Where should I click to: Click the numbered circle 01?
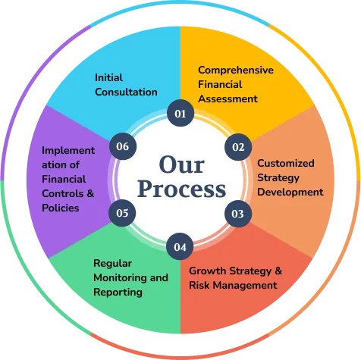pos(180,113)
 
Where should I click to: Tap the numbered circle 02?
pos(238,147)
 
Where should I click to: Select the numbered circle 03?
pos(238,214)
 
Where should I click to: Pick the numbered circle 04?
pos(180,246)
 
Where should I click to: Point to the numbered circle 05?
pos(122,213)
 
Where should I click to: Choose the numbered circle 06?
pos(123,146)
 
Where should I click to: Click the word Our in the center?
pos(182,164)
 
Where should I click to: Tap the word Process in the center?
pos(181,189)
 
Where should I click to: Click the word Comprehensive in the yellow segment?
pos(236,70)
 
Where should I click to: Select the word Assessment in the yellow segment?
pos(228,99)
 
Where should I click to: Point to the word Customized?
pos(286,163)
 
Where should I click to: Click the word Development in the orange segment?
pos(290,193)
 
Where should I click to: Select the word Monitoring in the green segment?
pos(121,278)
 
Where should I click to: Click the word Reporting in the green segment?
pos(118,293)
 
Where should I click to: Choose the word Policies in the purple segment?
pos(61,208)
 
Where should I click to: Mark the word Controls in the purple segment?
pos(63,193)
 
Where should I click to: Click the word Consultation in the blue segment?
pos(126,92)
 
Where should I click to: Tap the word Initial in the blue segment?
pos(108,77)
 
